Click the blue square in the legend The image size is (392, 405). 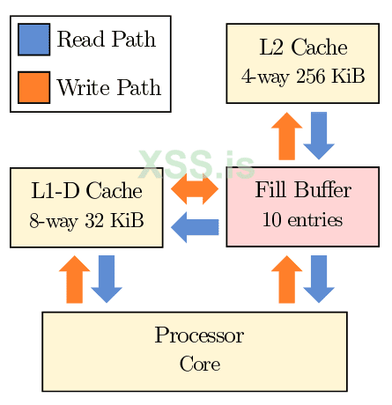coord(33,40)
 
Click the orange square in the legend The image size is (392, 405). coord(33,87)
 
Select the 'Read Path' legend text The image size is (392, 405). coord(106,40)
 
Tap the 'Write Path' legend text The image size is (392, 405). coord(108,87)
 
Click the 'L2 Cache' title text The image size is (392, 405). coord(303,48)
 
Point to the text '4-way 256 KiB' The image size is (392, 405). coord(303,77)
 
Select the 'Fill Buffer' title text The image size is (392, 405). coord(303,191)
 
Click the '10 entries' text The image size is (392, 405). coord(303,219)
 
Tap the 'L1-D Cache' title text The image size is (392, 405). coord(86,191)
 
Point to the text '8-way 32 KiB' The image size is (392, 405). coord(86,220)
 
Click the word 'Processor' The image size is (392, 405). coord(199,335)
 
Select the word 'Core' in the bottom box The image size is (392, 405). coord(199,364)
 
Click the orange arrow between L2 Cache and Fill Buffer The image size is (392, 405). coord(286,136)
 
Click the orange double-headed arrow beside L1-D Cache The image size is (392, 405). coord(195,188)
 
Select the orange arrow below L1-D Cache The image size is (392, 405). coord(74,279)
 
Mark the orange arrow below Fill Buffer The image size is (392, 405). coord(286,279)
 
